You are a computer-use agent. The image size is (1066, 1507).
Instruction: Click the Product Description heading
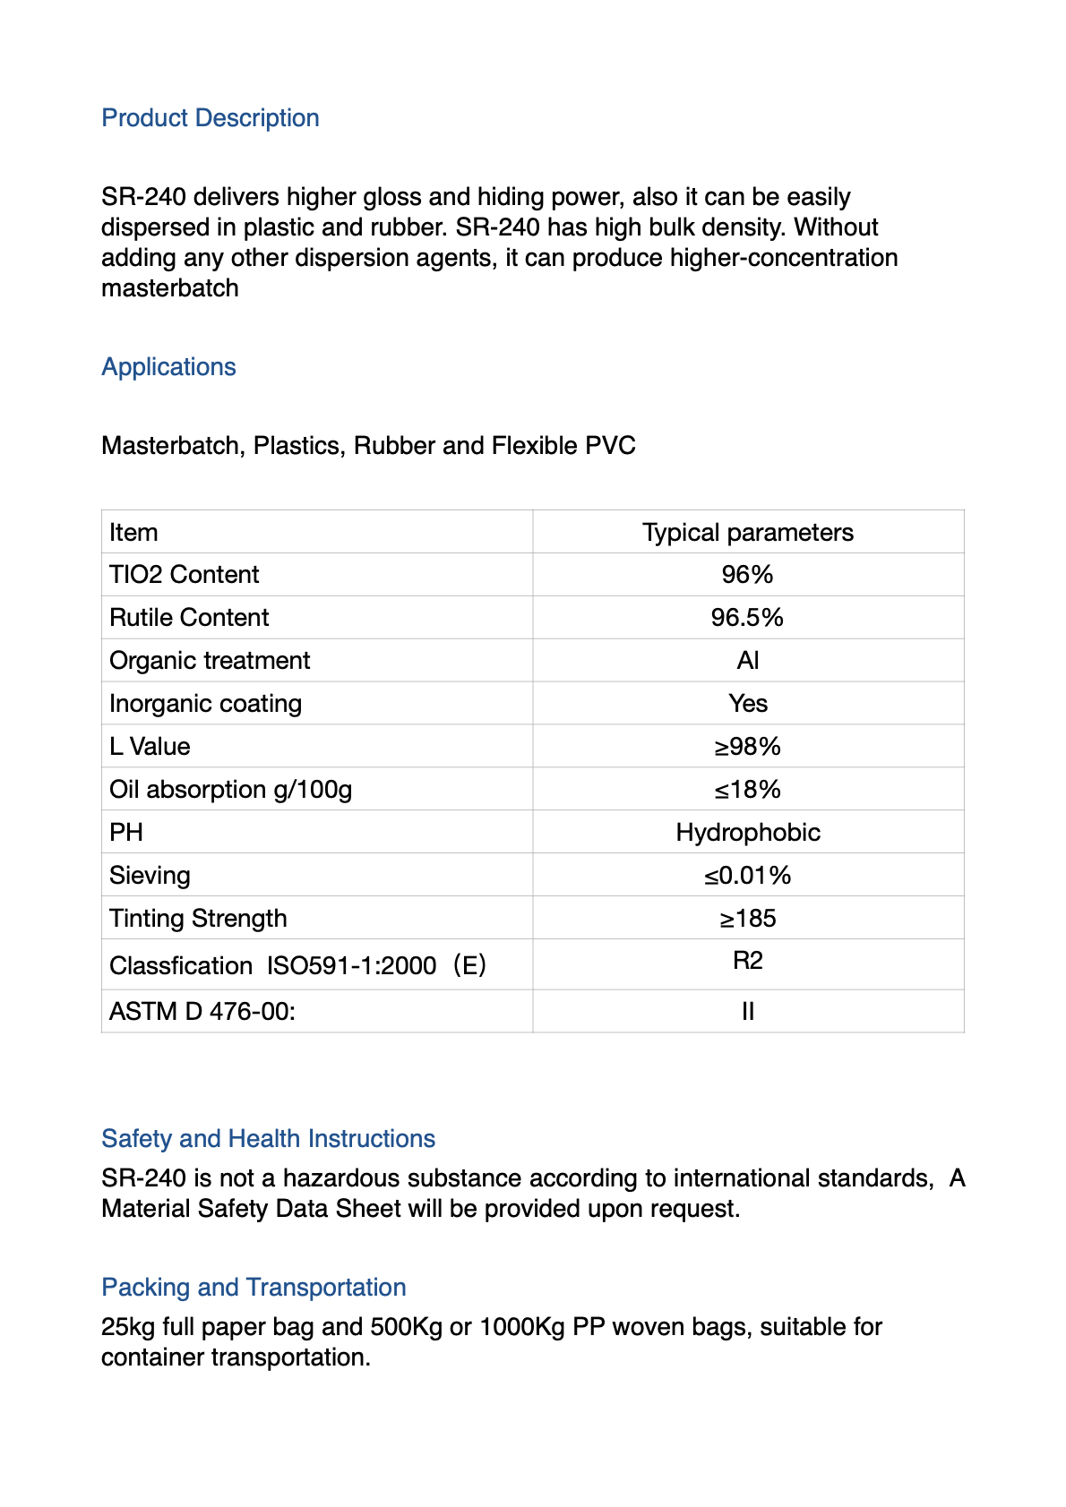(x=211, y=118)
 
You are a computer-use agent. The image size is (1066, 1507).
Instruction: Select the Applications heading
(x=168, y=367)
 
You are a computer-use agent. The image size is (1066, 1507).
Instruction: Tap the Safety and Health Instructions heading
(x=268, y=1139)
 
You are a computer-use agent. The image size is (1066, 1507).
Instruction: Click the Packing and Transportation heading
(x=254, y=1288)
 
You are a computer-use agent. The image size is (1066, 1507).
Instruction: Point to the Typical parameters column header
(x=747, y=533)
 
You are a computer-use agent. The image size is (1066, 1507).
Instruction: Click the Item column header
(x=133, y=533)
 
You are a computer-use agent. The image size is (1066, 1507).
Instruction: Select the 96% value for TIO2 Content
(x=747, y=575)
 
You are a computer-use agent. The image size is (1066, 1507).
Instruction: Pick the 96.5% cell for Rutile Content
(x=747, y=618)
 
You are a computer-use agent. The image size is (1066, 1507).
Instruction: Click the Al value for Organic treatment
(x=747, y=661)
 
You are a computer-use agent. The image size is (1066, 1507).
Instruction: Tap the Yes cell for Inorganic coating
(x=747, y=704)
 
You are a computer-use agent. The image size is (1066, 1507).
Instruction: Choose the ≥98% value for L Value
(x=747, y=747)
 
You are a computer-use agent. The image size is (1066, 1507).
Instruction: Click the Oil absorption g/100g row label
(x=230, y=790)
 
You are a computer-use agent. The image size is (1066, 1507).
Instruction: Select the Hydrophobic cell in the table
(x=747, y=833)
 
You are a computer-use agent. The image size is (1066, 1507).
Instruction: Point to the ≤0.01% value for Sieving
(x=747, y=876)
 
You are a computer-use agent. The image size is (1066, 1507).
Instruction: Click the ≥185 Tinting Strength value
(x=747, y=919)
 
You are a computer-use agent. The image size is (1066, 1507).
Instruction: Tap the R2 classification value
(x=747, y=962)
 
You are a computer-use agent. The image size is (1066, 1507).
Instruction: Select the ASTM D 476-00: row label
(x=202, y=1012)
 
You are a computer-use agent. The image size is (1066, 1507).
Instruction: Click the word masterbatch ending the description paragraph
(x=170, y=288)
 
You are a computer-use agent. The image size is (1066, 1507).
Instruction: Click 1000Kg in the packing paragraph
(x=521, y=1327)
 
